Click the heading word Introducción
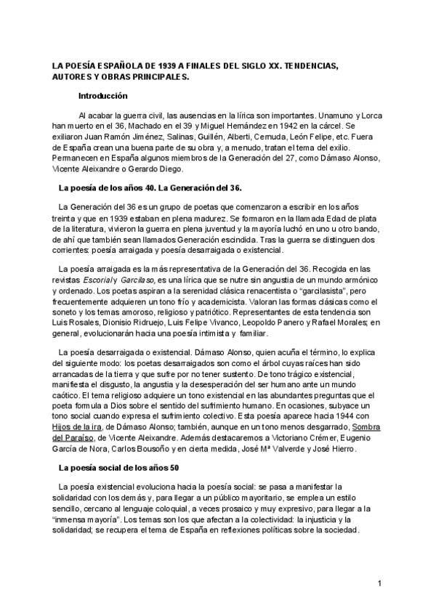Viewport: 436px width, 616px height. [x=103, y=96]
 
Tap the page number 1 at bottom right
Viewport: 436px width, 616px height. [x=379, y=583]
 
